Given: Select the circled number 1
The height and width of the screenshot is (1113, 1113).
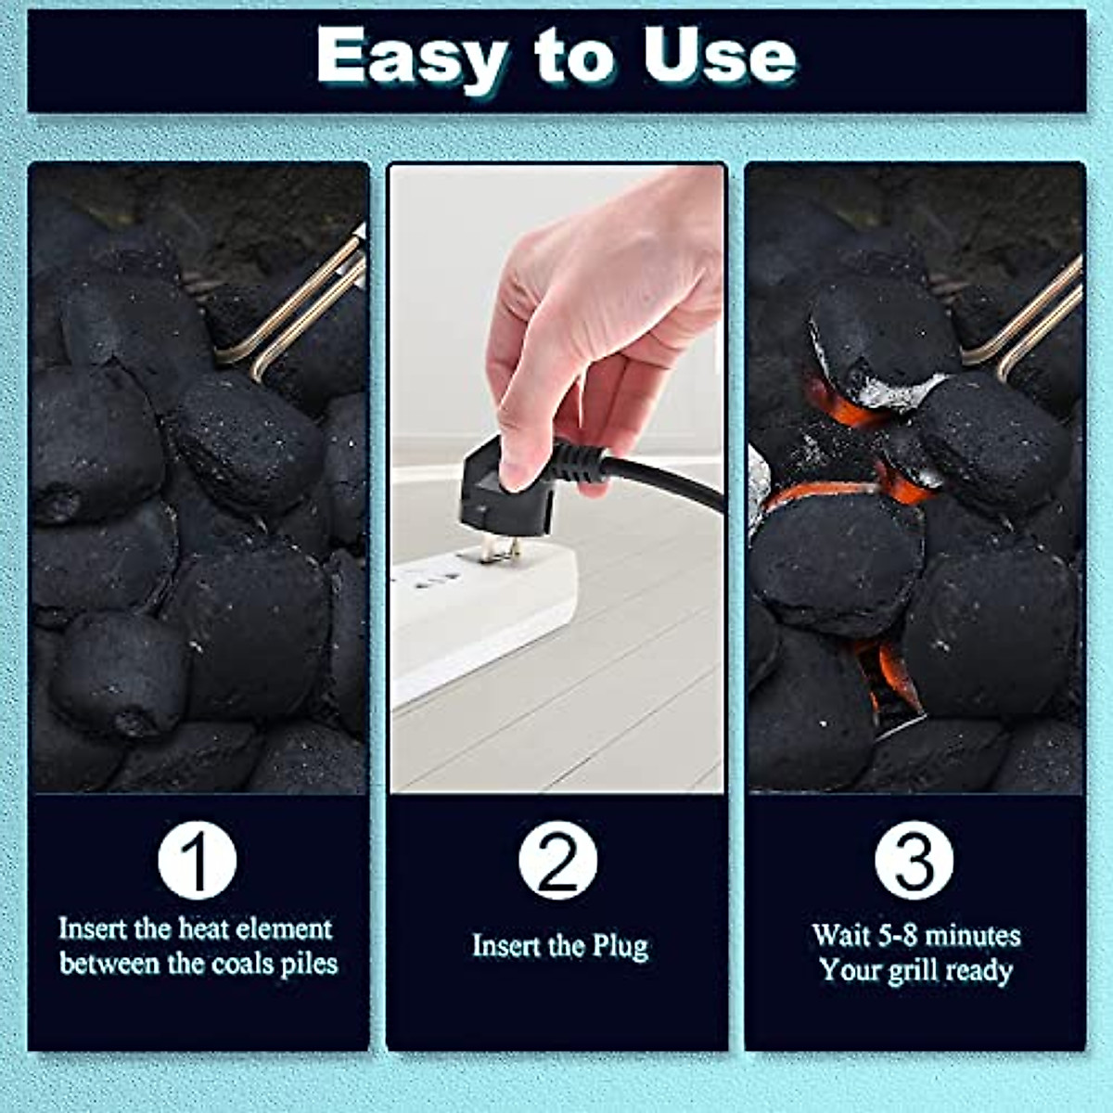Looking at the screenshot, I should pos(197,860).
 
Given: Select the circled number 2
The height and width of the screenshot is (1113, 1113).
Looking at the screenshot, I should pos(556,860).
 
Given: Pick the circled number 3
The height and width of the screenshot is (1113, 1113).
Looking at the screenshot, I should pos(914,860).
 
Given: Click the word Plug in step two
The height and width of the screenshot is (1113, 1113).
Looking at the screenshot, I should pos(620,947).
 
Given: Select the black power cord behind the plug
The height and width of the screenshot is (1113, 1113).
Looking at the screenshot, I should pos(668,478).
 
